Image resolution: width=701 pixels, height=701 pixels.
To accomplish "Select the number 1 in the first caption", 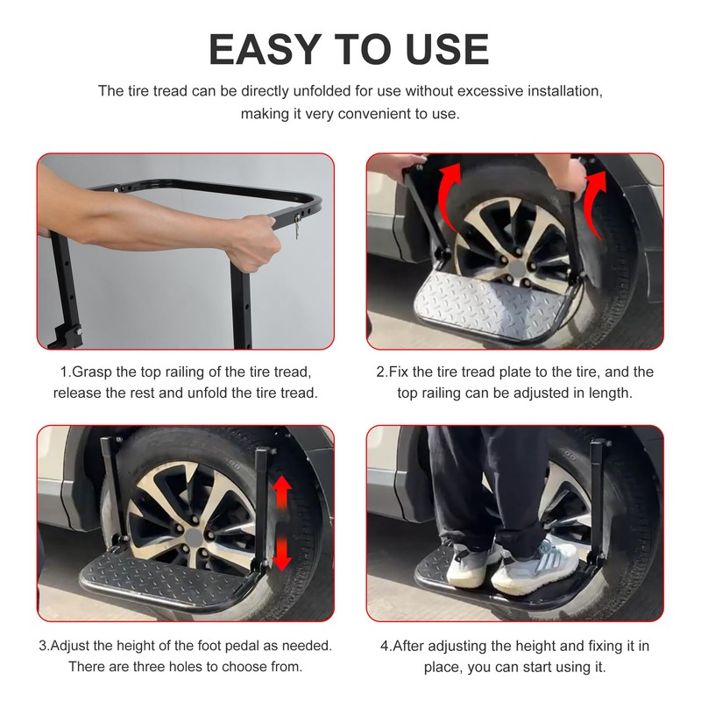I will pos(63,372).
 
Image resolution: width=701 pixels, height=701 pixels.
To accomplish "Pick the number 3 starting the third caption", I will pos(42,646).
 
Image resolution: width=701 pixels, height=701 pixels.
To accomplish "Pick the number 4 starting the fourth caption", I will pos(384,646).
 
